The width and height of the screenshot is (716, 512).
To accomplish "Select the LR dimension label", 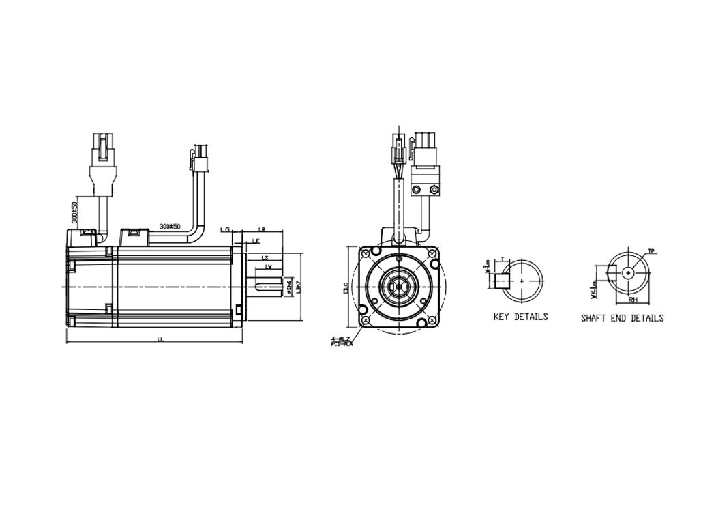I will click(262, 230).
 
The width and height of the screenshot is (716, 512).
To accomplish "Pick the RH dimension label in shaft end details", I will click(632, 299).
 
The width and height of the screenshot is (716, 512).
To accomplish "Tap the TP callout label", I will click(651, 251).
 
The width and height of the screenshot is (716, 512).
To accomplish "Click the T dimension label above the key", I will click(503, 259).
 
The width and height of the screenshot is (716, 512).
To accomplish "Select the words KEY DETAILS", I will click(520, 317).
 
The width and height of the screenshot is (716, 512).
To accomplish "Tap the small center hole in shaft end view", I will click(628, 272).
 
